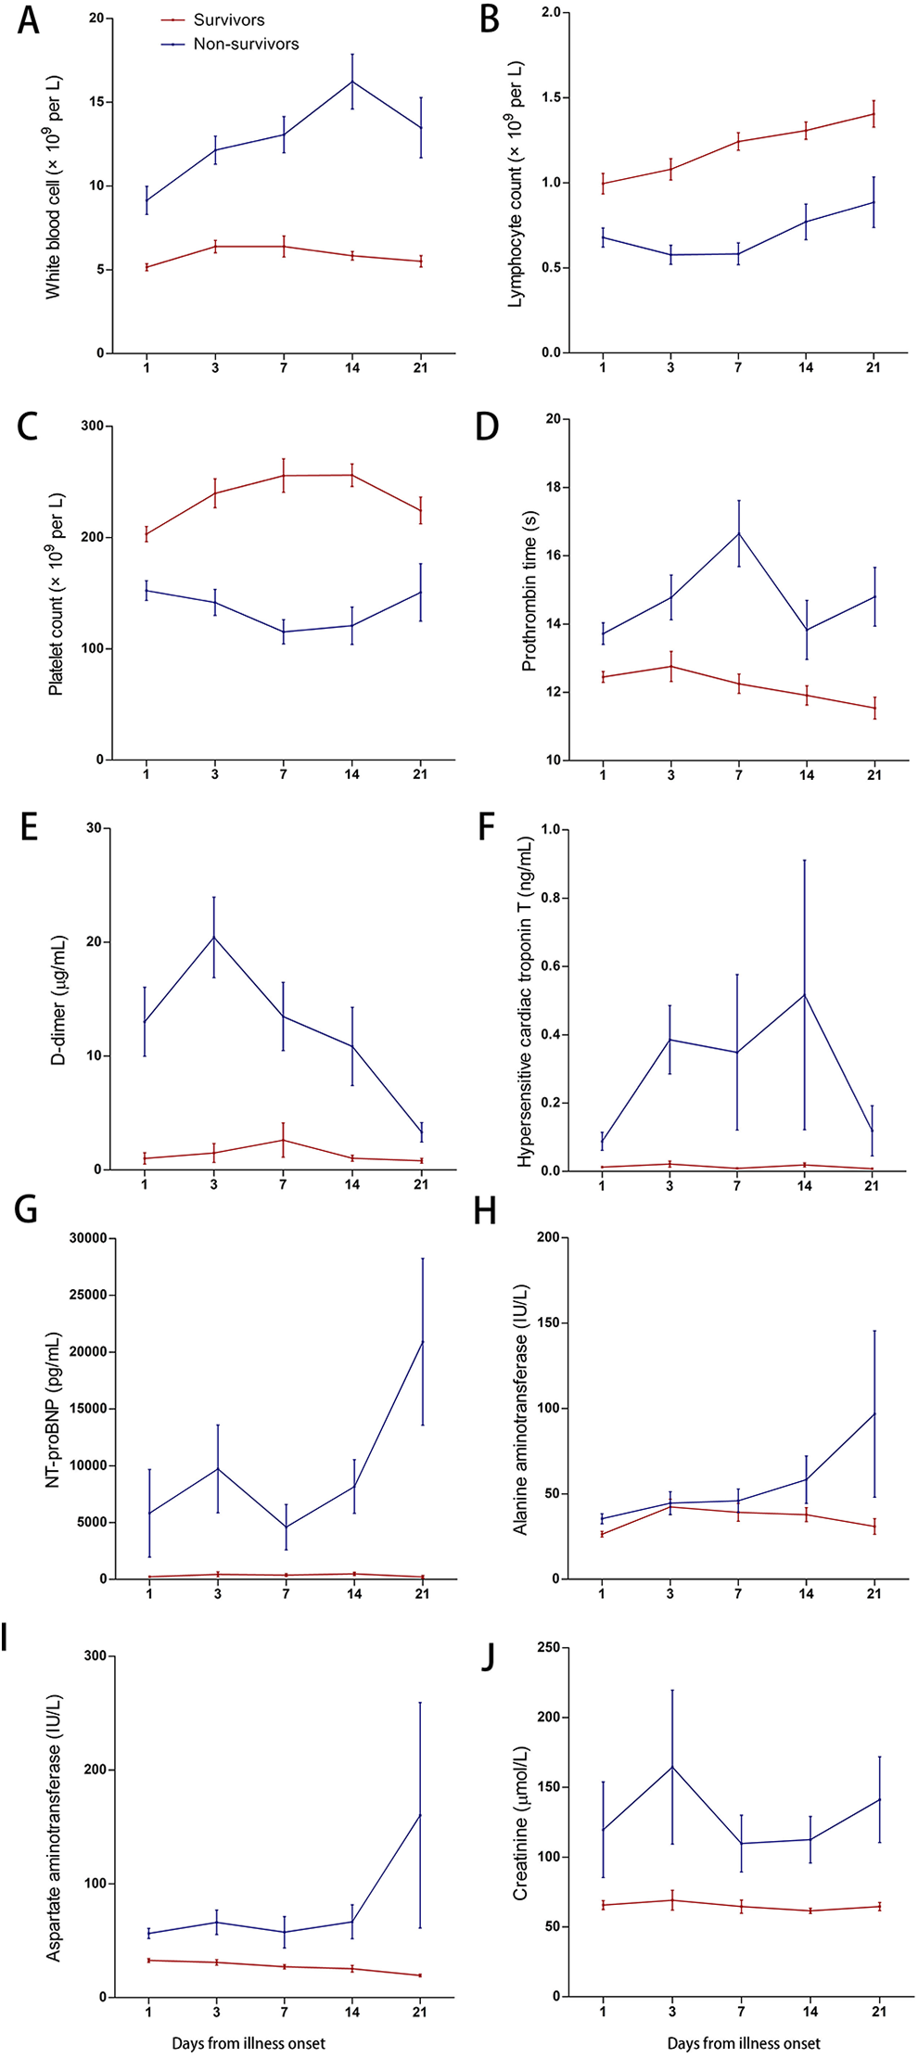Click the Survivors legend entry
(x=213, y=19)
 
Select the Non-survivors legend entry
(x=230, y=44)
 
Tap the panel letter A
(x=29, y=20)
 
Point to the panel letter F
(x=487, y=827)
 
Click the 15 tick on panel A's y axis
(x=96, y=102)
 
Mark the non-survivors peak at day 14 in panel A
(x=352, y=82)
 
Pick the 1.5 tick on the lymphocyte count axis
(x=552, y=97)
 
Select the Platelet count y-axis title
(x=57, y=594)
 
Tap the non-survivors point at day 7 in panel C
(x=284, y=632)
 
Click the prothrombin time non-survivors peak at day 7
(x=739, y=533)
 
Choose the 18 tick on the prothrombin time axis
(x=555, y=487)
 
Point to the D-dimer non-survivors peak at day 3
(x=214, y=937)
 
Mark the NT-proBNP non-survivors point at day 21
(x=423, y=1341)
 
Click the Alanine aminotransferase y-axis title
(x=521, y=1410)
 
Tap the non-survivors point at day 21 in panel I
(x=420, y=1814)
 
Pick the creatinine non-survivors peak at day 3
(x=672, y=1766)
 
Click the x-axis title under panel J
(x=744, y=2043)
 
